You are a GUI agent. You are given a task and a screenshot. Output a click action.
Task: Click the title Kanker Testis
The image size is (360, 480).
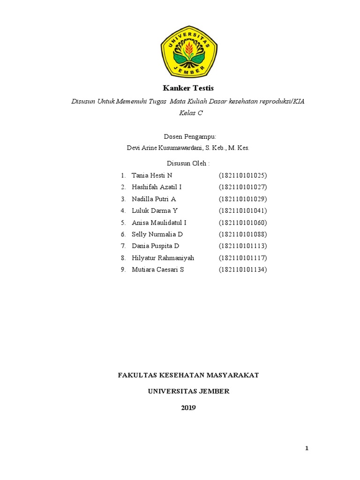(188, 88)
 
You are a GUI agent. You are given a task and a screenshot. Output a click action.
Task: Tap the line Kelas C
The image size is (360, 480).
(188, 113)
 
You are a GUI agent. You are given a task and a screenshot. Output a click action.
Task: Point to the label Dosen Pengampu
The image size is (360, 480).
(189, 136)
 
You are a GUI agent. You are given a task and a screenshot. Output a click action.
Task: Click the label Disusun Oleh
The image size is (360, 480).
(188, 163)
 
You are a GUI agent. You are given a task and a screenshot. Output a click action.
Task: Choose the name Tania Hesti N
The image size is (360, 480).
(152, 175)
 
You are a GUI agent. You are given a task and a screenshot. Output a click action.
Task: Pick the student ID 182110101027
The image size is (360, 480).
(242, 187)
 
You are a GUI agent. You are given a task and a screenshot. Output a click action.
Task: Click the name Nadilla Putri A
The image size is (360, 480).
(154, 199)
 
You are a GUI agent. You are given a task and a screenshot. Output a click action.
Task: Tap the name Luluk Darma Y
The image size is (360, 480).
(155, 210)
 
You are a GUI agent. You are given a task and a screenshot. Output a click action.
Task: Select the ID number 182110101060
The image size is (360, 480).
(242, 223)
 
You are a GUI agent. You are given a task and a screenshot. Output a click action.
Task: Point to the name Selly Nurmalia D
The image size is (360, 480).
(157, 234)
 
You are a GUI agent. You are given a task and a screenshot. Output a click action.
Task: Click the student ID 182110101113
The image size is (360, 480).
(242, 246)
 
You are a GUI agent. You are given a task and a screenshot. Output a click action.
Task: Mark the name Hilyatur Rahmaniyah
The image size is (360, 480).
(163, 258)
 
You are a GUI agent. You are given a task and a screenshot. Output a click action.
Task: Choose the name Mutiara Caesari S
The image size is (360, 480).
(157, 270)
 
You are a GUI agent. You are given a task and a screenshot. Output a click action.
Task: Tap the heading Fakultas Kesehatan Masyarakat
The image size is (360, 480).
(188, 375)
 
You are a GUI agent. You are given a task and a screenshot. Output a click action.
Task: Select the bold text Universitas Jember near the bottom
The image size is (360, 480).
(189, 391)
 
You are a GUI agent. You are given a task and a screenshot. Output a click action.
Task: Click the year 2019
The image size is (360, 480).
(188, 407)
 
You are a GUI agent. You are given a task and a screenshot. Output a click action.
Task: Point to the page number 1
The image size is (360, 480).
(307, 449)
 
